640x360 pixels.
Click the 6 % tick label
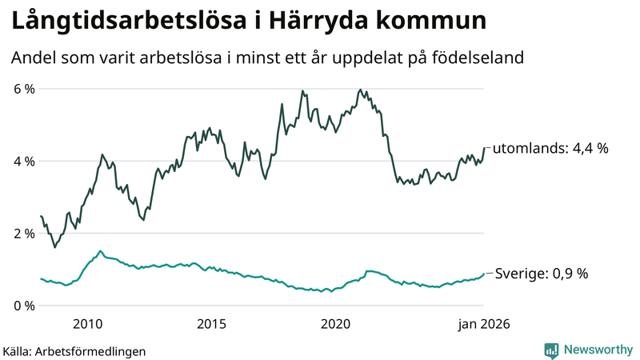pyautogui.click(x=24, y=89)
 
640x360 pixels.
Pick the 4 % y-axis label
pyautogui.click(x=24, y=161)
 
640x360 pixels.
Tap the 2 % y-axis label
pyautogui.click(x=24, y=234)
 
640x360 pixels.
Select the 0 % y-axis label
pyautogui.click(x=24, y=306)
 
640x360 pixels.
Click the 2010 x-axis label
pyautogui.click(x=87, y=324)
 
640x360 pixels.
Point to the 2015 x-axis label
pyautogui.click(x=211, y=324)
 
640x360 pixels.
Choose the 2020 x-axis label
pyautogui.click(x=335, y=324)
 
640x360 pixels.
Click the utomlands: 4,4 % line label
pyautogui.click(x=550, y=148)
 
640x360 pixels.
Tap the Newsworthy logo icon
pyautogui.click(x=552, y=350)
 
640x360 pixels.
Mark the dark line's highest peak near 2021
pyautogui.click(x=361, y=90)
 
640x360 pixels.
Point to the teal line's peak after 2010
pyautogui.click(x=100, y=251)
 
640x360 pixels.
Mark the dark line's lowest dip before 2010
pyautogui.click(x=54, y=247)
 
